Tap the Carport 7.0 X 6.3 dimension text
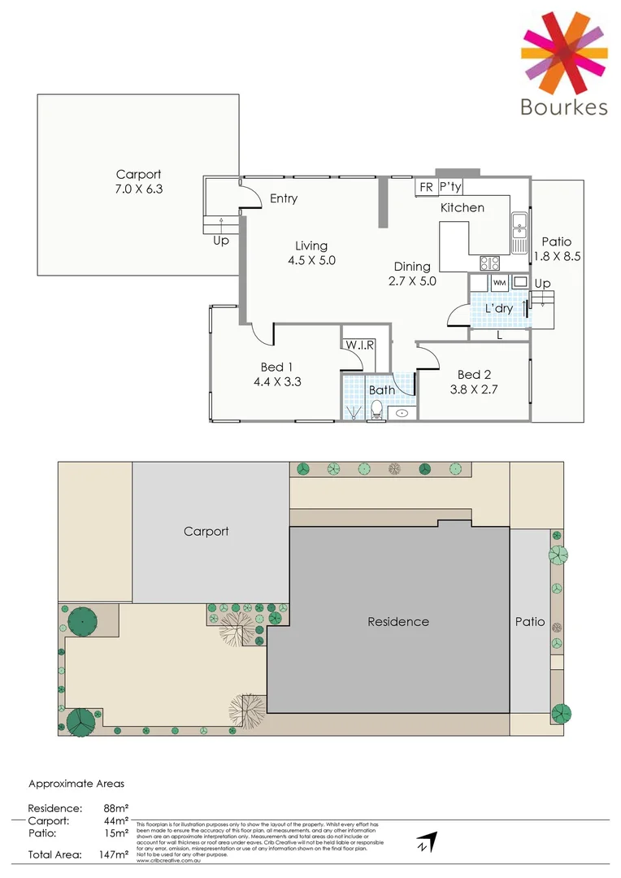pyautogui.click(x=138, y=189)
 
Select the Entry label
pyautogui.click(x=284, y=198)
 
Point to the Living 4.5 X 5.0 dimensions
pyautogui.click(x=311, y=261)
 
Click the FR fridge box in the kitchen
pyautogui.click(x=426, y=187)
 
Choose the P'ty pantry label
pyautogui.click(x=450, y=187)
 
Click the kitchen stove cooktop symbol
pyautogui.click(x=490, y=263)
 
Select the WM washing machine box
pyautogui.click(x=499, y=282)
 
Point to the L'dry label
pyautogui.click(x=499, y=309)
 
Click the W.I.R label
pyautogui.click(x=358, y=345)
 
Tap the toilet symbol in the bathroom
pyautogui.click(x=376, y=412)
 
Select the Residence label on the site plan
pyautogui.click(x=398, y=622)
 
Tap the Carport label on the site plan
pyautogui.click(x=206, y=531)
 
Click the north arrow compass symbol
pyautogui.click(x=427, y=843)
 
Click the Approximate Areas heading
pyautogui.click(x=76, y=784)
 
